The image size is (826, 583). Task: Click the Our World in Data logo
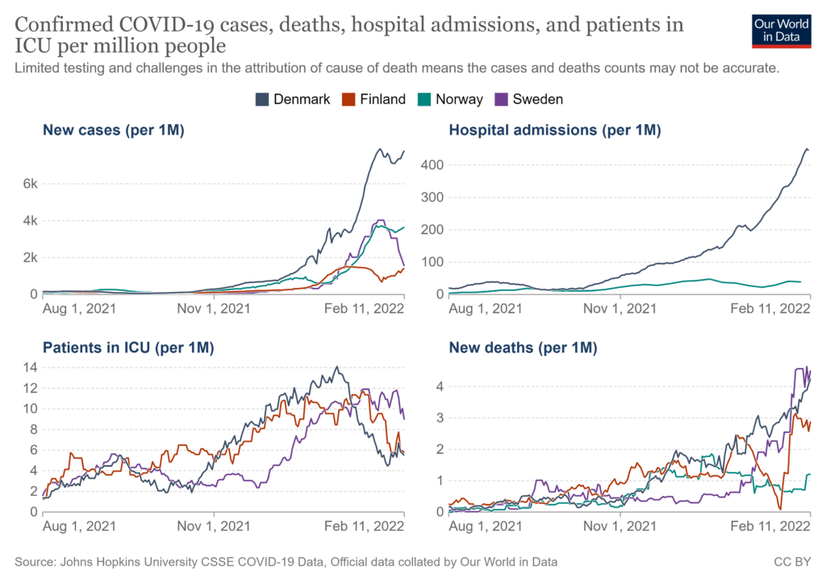(781, 31)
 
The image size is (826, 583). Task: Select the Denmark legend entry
(292, 99)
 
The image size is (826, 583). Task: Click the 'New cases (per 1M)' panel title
(114, 129)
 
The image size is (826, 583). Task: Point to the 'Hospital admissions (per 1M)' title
(555, 129)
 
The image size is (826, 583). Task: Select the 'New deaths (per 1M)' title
(523, 348)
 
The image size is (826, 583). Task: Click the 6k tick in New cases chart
(31, 184)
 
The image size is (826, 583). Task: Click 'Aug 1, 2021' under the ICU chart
(79, 526)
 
